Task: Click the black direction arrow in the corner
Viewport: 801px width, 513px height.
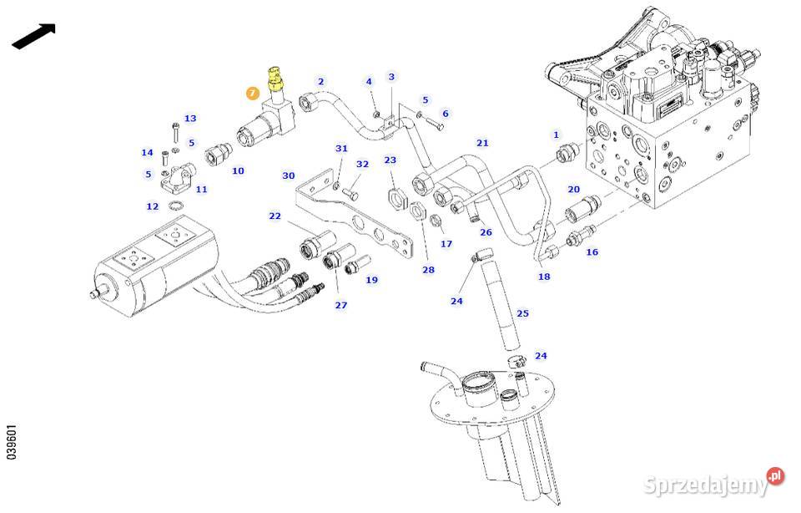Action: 34,36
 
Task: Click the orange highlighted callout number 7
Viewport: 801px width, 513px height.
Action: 253,94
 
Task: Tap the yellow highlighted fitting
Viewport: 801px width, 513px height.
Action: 275,80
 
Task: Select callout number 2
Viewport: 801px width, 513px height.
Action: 320,81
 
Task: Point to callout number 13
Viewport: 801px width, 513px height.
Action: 190,119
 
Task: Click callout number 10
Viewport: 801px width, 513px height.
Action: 238,170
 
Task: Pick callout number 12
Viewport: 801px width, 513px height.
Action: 152,206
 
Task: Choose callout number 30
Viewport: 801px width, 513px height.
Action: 289,175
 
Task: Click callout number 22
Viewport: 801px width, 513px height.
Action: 275,216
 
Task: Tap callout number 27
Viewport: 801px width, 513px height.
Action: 341,305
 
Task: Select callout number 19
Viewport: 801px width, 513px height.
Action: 371,280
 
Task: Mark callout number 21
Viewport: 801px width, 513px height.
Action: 482,143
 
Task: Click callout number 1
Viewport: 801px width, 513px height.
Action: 556,135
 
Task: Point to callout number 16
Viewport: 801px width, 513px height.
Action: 592,251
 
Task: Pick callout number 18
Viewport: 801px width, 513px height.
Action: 544,277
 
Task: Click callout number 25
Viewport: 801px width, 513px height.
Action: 522,314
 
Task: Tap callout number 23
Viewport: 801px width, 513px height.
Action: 390,160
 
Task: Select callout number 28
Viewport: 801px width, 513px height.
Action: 428,270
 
